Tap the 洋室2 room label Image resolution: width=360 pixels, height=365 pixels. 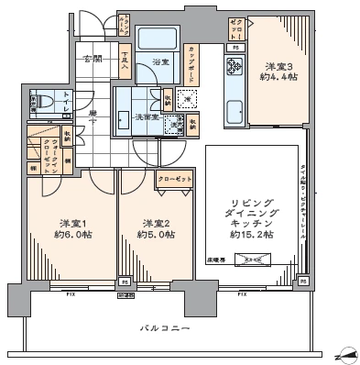(153, 222)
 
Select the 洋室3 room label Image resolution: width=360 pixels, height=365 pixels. (279, 66)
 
